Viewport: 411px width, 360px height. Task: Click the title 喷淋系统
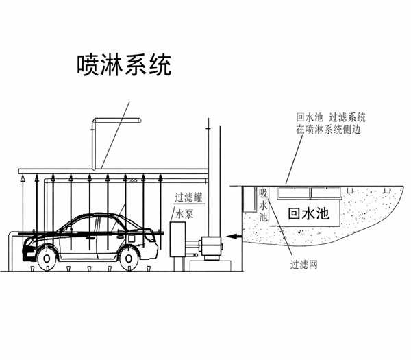coord(123,65)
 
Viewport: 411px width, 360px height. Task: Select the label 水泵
coord(185,214)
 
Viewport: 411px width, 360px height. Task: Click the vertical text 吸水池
coord(262,206)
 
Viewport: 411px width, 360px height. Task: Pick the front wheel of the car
coord(47,256)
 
